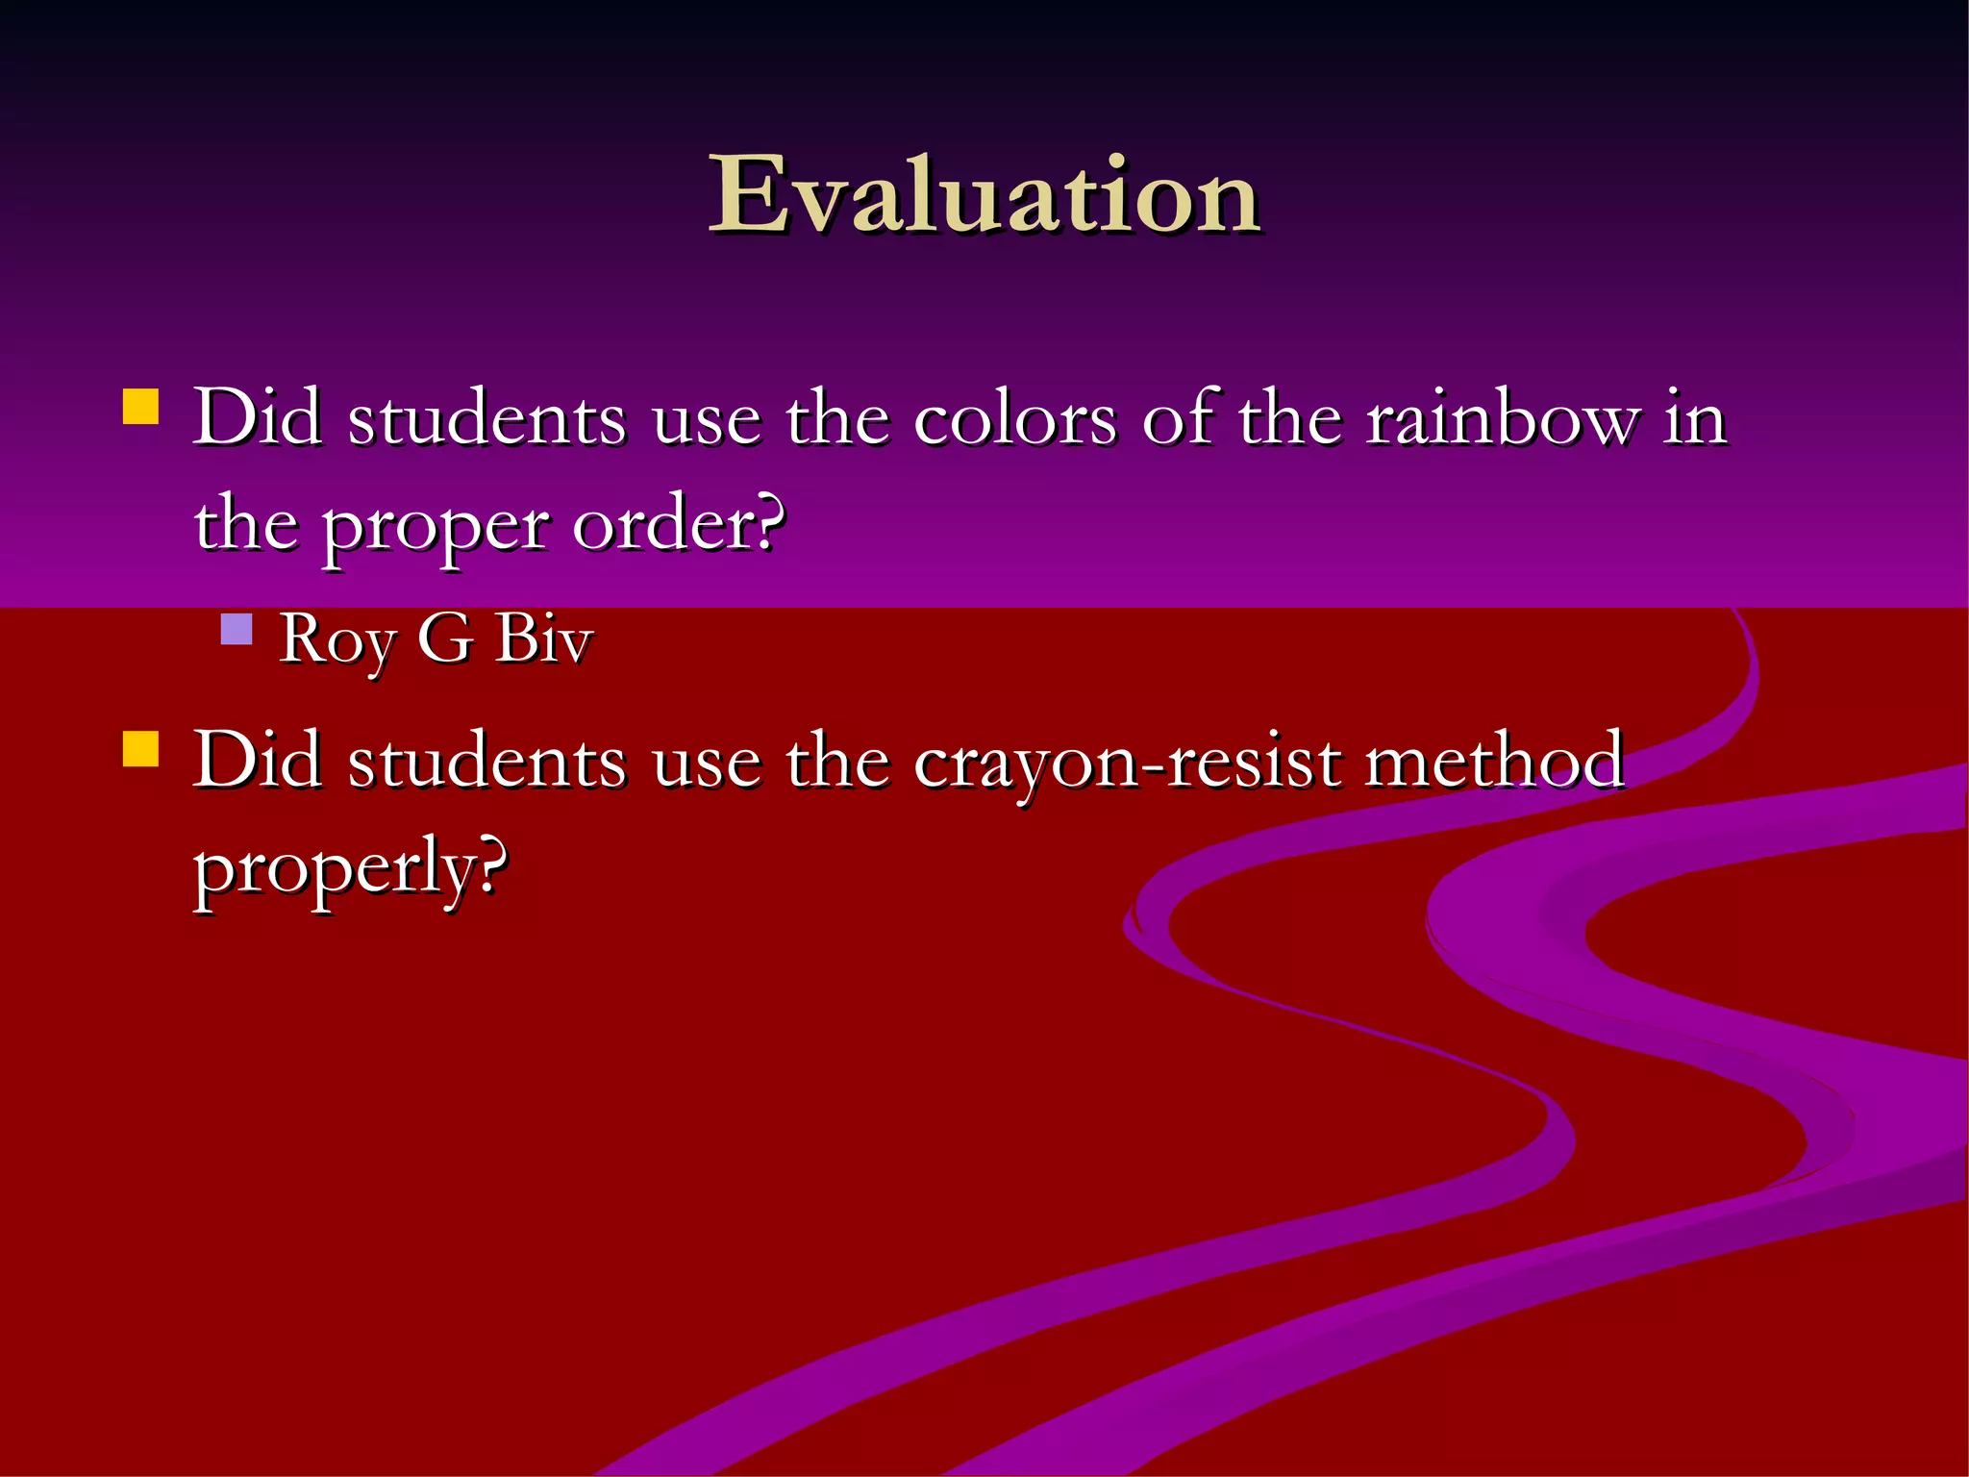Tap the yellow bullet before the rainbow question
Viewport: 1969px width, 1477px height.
click(140, 407)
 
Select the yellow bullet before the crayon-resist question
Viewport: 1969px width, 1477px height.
click(140, 749)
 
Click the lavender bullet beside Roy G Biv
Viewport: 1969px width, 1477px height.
click(236, 629)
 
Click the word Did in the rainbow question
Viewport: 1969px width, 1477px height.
click(257, 419)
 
